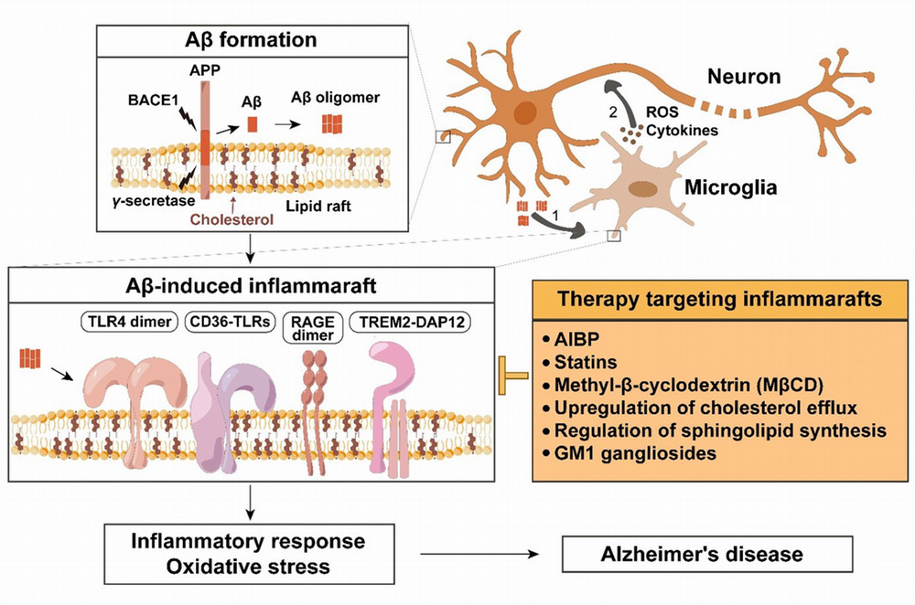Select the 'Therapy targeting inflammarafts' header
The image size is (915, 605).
720,300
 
